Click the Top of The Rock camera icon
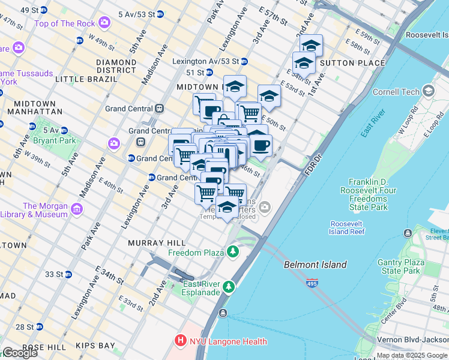[x=105, y=23]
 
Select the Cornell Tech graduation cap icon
[x=428, y=92]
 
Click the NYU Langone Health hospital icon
[x=180, y=341]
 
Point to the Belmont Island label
[x=315, y=265]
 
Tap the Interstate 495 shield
[x=312, y=283]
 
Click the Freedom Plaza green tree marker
[x=232, y=253]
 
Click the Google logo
[x=20, y=353]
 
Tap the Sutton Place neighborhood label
[x=352, y=63]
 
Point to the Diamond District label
[x=116, y=66]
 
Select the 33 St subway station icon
[x=68, y=275]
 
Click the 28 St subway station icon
[x=39, y=327]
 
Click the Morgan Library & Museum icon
[x=76, y=209]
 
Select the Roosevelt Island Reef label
[x=347, y=227]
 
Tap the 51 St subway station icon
[x=209, y=73]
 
